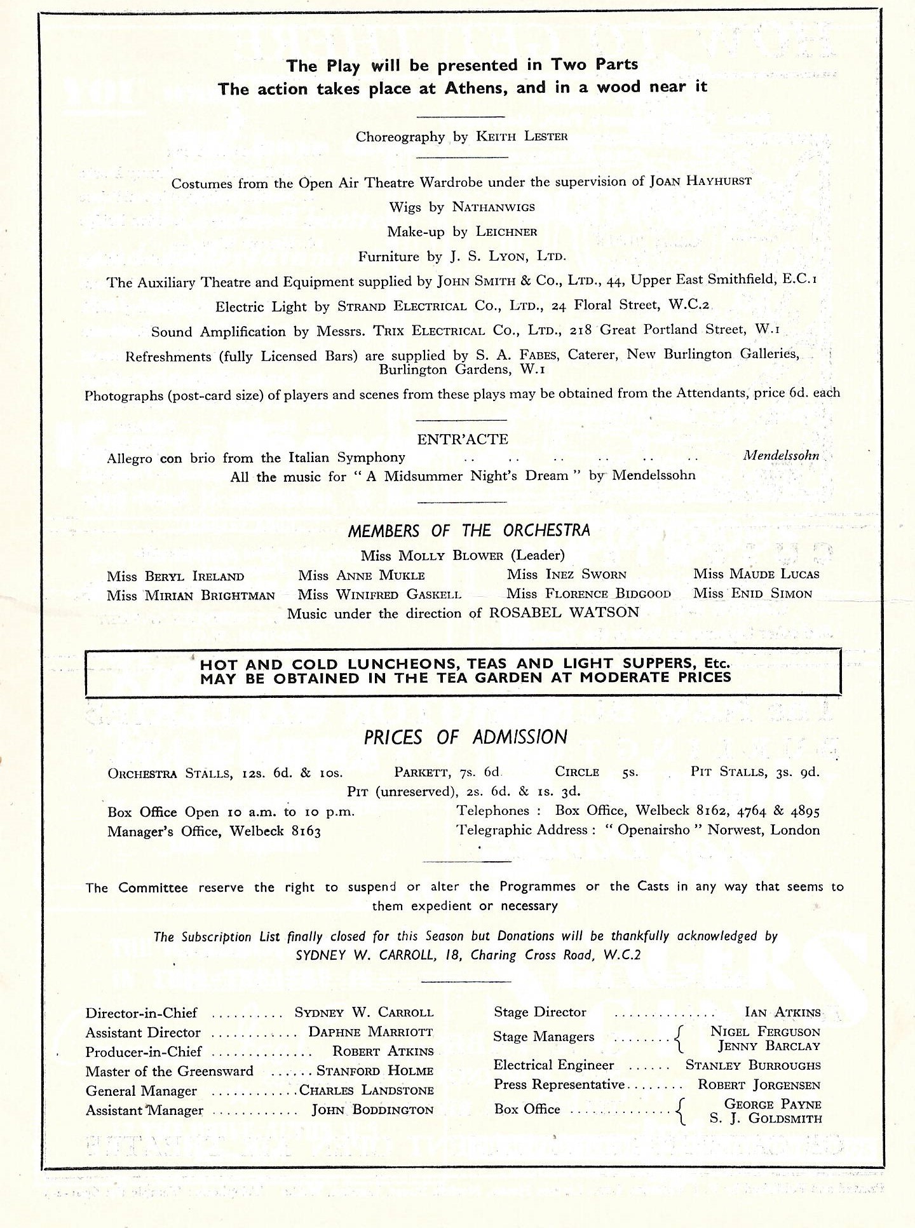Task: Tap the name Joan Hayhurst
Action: (x=700, y=181)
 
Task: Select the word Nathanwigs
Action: (x=493, y=207)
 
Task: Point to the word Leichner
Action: (x=506, y=232)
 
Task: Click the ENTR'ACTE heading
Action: (x=463, y=439)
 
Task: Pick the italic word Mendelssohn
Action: (x=781, y=456)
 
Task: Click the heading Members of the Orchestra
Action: (x=469, y=531)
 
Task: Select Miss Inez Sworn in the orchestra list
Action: (x=566, y=575)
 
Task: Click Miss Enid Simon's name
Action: (x=753, y=594)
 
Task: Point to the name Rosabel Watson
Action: (x=564, y=613)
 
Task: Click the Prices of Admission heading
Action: (x=465, y=737)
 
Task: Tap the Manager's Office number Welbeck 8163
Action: (x=275, y=831)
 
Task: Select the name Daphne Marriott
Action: (x=370, y=1032)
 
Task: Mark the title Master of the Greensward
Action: (x=169, y=1072)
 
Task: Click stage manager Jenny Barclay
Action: (x=769, y=1046)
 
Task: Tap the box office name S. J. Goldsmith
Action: (x=766, y=1119)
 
